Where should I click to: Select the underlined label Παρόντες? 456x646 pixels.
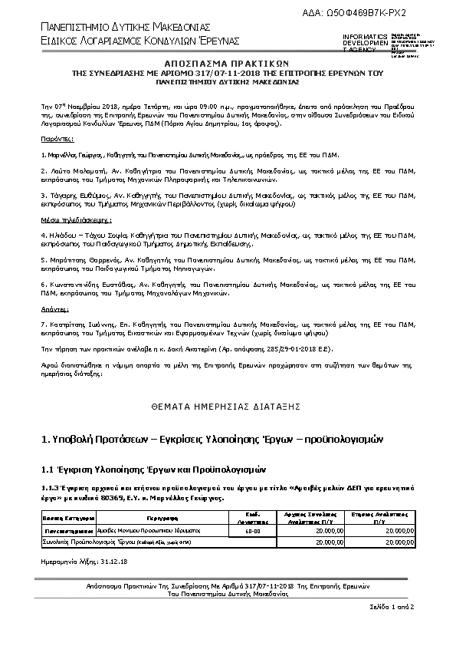[57, 140]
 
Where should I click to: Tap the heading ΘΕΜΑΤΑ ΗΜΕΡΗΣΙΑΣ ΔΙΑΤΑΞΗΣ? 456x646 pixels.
[225, 404]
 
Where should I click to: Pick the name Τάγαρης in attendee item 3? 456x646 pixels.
[60, 195]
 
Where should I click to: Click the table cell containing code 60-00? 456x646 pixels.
[252, 530]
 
